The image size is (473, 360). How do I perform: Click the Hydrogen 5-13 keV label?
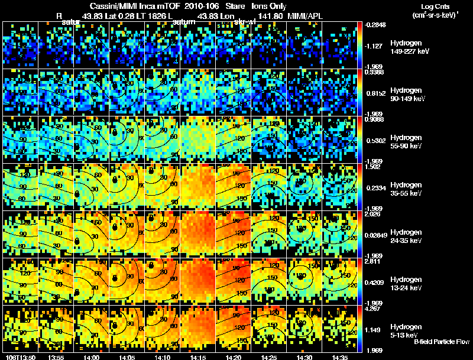[x=406, y=330]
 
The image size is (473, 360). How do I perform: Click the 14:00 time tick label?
[x=91, y=357]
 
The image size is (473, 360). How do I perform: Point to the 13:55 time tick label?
[x=56, y=357]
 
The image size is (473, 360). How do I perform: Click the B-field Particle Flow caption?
[x=442, y=342]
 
